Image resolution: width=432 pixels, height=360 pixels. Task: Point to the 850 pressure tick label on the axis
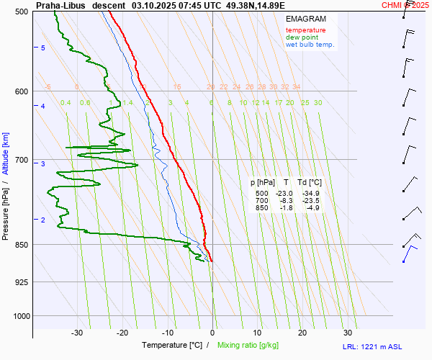(21, 245)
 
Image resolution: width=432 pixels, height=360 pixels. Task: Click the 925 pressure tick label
(21, 282)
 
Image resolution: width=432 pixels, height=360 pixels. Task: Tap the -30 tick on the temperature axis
(77, 333)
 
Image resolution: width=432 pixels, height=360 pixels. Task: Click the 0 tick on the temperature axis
(212, 333)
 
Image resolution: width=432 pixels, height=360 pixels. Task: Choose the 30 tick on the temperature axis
(348, 333)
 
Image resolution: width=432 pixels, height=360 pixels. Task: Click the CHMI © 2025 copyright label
(405, 4)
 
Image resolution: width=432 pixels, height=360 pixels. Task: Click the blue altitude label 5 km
(42, 48)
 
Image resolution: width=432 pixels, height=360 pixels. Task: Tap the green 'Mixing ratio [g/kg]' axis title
(251, 346)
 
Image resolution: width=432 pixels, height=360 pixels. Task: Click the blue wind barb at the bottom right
(409, 252)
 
